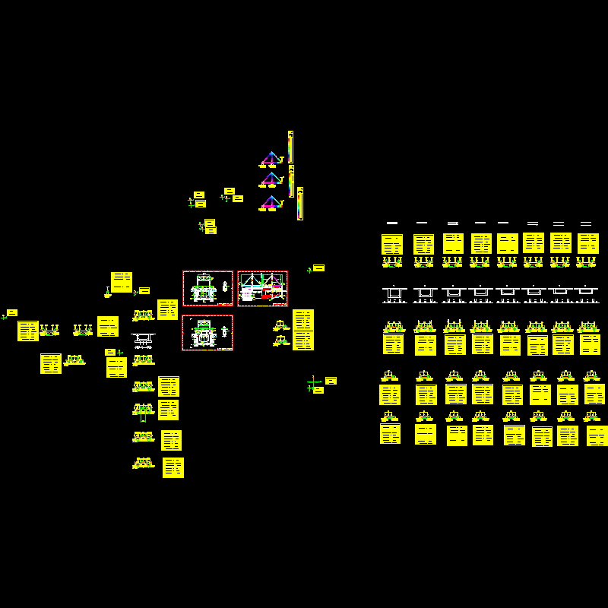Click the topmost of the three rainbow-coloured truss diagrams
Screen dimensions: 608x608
pyautogui.click(x=271, y=160)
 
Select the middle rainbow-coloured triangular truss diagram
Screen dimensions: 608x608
pyautogui.click(x=271, y=181)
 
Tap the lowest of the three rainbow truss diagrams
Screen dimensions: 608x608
pyautogui.click(x=271, y=203)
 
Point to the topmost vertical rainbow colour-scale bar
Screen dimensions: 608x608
pyautogui.click(x=290, y=146)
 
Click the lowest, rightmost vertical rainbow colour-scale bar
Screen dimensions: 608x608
pyautogui.click(x=300, y=204)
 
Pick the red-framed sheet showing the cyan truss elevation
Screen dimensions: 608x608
pyautogui.click(x=262, y=289)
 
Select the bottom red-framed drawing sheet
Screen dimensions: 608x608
pyautogui.click(x=207, y=333)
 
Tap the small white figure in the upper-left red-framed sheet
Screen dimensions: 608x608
pyautogui.click(x=225, y=287)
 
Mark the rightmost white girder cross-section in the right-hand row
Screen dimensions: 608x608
pyautogui.click(x=586, y=293)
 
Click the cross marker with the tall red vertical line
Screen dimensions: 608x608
pyautogui.click(x=313, y=383)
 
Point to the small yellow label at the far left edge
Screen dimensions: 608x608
pyautogui.click(x=12, y=312)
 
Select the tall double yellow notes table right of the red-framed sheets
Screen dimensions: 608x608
pyautogui.click(x=303, y=330)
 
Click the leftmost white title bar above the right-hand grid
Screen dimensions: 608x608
pyautogui.click(x=392, y=223)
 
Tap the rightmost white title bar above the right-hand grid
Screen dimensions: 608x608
pyautogui.click(x=586, y=223)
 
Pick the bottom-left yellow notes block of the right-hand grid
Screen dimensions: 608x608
pyautogui.click(x=390, y=434)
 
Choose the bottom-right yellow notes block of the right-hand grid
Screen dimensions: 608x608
pyautogui.click(x=597, y=435)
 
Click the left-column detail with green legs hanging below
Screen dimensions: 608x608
pyautogui.click(x=143, y=411)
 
